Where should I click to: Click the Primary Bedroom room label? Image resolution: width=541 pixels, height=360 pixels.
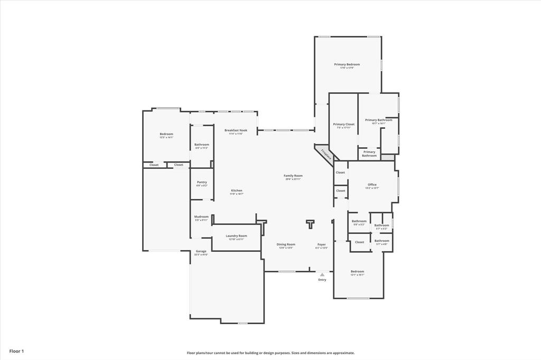click(x=347, y=64)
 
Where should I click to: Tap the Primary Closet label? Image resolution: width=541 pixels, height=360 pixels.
click(x=343, y=124)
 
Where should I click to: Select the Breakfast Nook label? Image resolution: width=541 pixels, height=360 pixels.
click(x=236, y=130)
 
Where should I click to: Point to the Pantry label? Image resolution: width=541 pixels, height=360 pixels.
click(x=202, y=182)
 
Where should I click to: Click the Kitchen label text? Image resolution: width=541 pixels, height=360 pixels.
click(x=236, y=191)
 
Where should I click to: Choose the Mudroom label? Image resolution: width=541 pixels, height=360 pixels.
click(x=201, y=216)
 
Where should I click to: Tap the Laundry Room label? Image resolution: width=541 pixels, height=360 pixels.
click(x=236, y=236)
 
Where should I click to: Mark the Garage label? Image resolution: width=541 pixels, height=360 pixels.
click(x=201, y=251)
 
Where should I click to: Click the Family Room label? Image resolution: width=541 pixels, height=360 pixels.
click(x=293, y=175)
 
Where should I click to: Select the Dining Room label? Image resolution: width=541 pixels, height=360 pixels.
click(x=286, y=244)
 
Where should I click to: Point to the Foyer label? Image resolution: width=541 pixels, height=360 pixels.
click(x=321, y=244)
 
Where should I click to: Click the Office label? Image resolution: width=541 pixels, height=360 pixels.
click(x=372, y=184)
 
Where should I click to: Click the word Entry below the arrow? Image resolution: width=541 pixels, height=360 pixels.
click(x=322, y=280)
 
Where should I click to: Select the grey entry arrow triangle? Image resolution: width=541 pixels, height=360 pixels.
click(x=322, y=274)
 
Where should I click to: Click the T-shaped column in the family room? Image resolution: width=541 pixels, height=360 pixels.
click(x=310, y=224)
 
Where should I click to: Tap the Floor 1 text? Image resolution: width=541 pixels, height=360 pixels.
click(x=16, y=351)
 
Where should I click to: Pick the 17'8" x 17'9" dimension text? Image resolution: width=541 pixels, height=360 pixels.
click(x=347, y=68)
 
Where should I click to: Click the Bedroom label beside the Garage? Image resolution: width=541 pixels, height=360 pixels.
click(x=166, y=134)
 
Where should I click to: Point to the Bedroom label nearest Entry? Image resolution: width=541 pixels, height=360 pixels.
click(x=357, y=271)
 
